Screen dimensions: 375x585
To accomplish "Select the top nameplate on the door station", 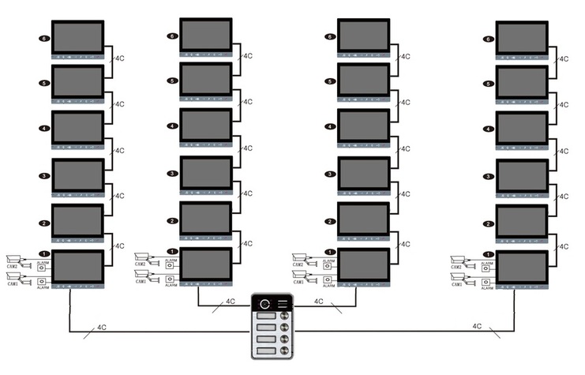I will pyautogui.click(x=265, y=318).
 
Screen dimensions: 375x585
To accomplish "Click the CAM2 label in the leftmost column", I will pyautogui.click(x=13, y=266).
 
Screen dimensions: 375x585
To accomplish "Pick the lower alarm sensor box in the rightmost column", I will pyautogui.click(x=486, y=279).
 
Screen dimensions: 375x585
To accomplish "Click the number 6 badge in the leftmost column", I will pyautogui.click(x=44, y=38).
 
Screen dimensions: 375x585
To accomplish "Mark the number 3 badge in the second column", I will pyautogui.click(x=172, y=173).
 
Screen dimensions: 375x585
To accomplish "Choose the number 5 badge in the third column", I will pyautogui.click(x=330, y=81).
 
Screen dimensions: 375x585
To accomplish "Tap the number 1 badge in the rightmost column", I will pyautogui.click(x=489, y=252).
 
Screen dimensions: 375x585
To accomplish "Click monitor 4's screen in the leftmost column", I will pyautogui.click(x=77, y=126).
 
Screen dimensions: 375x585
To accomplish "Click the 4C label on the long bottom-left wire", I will pyautogui.click(x=102, y=326).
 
